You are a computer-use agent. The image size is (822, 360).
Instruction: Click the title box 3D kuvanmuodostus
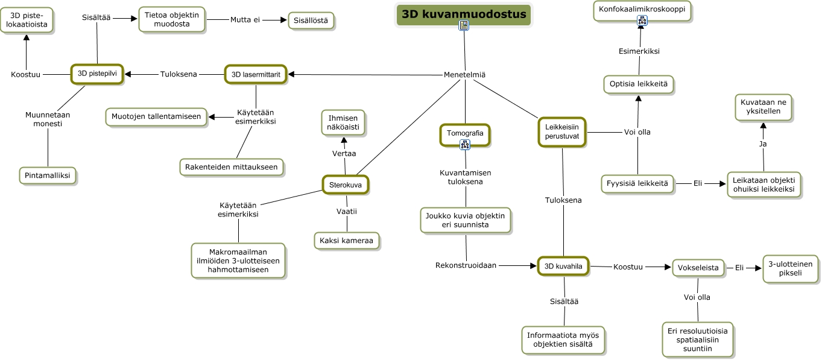(x=463, y=14)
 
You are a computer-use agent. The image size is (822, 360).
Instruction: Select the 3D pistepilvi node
(x=97, y=74)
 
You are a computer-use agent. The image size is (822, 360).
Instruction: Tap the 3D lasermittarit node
(x=256, y=74)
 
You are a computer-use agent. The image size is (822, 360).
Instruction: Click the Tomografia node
(x=465, y=132)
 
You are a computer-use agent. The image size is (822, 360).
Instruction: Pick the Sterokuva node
(x=346, y=185)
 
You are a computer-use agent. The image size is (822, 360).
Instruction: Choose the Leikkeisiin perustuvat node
(x=562, y=132)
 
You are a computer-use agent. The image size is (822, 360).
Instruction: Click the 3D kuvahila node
(x=563, y=265)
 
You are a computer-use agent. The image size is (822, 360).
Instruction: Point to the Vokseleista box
(x=698, y=268)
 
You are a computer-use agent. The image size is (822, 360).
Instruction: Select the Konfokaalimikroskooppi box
(x=642, y=10)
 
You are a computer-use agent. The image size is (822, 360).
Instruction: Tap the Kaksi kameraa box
(x=347, y=241)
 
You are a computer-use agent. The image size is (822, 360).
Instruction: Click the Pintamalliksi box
(x=48, y=175)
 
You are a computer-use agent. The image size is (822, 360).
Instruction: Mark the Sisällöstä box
(x=311, y=21)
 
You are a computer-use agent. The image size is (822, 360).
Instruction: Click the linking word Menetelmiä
(x=465, y=75)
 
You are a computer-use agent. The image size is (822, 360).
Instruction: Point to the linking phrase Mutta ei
(x=245, y=20)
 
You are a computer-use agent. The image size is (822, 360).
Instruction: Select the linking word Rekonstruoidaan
(x=466, y=265)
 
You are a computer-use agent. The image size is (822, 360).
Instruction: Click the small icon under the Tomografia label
(x=464, y=144)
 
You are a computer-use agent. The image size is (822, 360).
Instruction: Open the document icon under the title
(x=463, y=25)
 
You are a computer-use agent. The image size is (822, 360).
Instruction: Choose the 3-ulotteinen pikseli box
(x=791, y=268)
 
